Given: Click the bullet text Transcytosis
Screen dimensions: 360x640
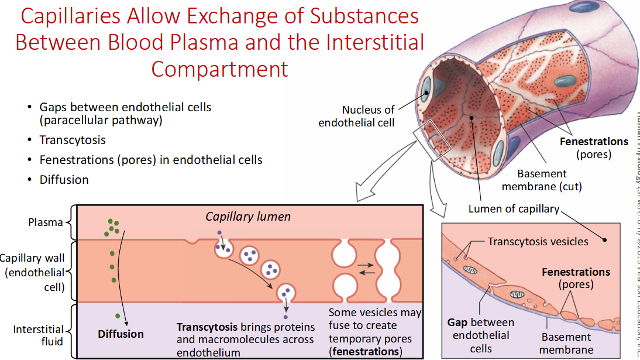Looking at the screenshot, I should pyautogui.click(x=73, y=140).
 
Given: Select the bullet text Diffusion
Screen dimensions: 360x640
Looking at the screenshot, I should pyautogui.click(x=64, y=180).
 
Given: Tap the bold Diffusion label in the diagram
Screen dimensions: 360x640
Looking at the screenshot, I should pyautogui.click(x=121, y=334).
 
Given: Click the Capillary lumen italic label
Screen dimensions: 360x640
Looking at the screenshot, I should pyautogui.click(x=248, y=217).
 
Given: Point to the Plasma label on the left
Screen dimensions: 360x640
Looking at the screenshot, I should pyautogui.click(x=46, y=222).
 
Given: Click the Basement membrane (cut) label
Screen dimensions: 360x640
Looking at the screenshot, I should pyautogui.click(x=549, y=180).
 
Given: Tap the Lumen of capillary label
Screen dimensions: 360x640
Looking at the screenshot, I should pyautogui.click(x=514, y=209).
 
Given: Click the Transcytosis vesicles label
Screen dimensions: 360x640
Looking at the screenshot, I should pyautogui.click(x=538, y=241).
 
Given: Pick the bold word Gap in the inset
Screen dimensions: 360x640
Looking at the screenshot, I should pyautogui.click(x=457, y=323).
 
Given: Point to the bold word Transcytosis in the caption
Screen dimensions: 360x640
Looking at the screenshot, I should pyautogui.click(x=207, y=327).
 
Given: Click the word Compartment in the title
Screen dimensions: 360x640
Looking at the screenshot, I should pyautogui.click(x=219, y=69).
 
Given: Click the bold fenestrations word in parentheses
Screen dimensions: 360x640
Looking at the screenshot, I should pyautogui.click(x=366, y=352).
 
